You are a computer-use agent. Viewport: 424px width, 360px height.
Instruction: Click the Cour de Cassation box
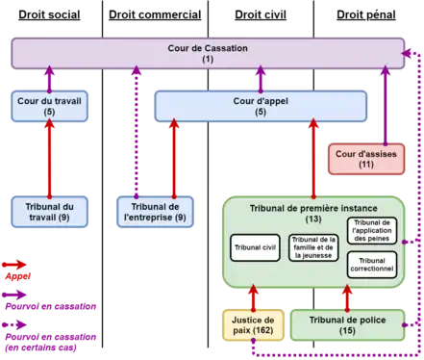tap(208, 53)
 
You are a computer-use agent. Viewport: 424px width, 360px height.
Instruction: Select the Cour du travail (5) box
tap(49, 106)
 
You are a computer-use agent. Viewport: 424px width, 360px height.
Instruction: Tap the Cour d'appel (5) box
tap(261, 106)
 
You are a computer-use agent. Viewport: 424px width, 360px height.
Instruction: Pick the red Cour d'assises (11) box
tap(366, 159)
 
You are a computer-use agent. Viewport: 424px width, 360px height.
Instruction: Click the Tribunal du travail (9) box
tap(49, 212)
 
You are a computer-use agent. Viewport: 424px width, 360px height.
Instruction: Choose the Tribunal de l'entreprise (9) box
tap(154, 212)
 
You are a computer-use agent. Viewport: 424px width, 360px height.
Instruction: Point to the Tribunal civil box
tap(256, 248)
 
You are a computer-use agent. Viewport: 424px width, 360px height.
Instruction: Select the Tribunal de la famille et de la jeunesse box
tap(314, 248)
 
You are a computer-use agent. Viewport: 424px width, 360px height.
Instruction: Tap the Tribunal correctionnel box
tap(371, 265)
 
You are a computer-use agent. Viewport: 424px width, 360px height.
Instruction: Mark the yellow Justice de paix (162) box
tap(253, 325)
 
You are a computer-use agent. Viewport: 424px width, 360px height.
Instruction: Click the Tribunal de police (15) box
tap(347, 325)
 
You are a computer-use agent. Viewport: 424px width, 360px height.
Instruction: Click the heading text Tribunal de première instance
tap(312, 208)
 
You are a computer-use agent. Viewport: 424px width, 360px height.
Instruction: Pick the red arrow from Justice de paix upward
tap(253, 297)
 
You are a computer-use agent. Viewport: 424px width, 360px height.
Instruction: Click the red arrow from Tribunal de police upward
tap(347, 297)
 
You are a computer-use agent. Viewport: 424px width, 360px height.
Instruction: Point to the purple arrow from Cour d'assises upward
tap(385, 106)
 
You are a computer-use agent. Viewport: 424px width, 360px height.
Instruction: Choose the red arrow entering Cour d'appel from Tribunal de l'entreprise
tap(174, 158)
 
